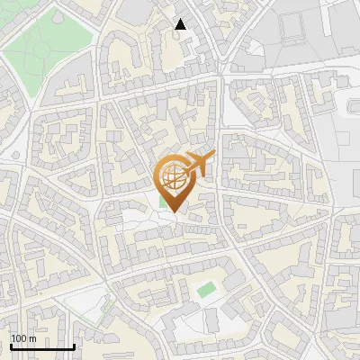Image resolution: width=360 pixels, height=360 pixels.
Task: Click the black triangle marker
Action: [x=181, y=24]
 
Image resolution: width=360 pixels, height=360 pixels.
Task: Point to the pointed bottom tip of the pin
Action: [x=174, y=212]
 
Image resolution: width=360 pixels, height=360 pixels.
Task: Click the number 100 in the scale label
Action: [x=19, y=338]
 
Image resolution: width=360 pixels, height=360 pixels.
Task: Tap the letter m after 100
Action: [x=32, y=338]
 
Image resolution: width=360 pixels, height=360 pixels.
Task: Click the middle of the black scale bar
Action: [x=42, y=346]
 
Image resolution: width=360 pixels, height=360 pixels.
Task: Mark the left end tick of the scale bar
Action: [x=11, y=346]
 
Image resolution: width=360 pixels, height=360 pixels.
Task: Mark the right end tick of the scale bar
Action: [x=74, y=346]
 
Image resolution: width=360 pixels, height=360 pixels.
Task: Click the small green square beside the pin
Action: [x=163, y=202]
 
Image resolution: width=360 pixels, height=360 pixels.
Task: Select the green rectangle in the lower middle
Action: [x=207, y=290]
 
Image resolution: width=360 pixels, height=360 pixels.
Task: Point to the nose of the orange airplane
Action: [x=215, y=157]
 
